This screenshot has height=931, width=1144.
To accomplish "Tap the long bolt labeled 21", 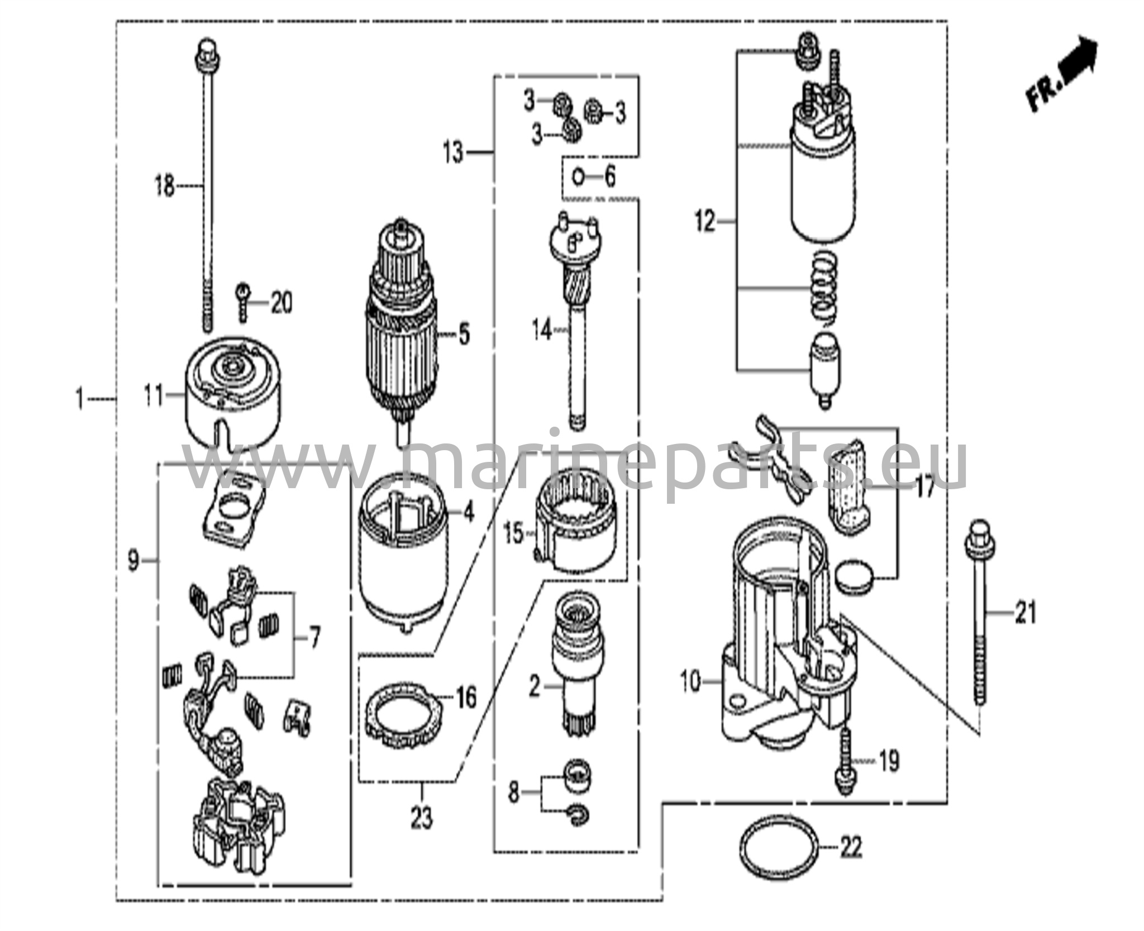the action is (x=980, y=612).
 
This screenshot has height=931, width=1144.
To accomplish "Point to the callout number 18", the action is (x=165, y=185).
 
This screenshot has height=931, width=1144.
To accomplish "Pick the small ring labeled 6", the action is (x=578, y=178).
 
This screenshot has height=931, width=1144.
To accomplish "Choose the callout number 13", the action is (x=454, y=152).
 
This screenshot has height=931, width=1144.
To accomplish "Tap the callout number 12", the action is (x=706, y=222).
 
